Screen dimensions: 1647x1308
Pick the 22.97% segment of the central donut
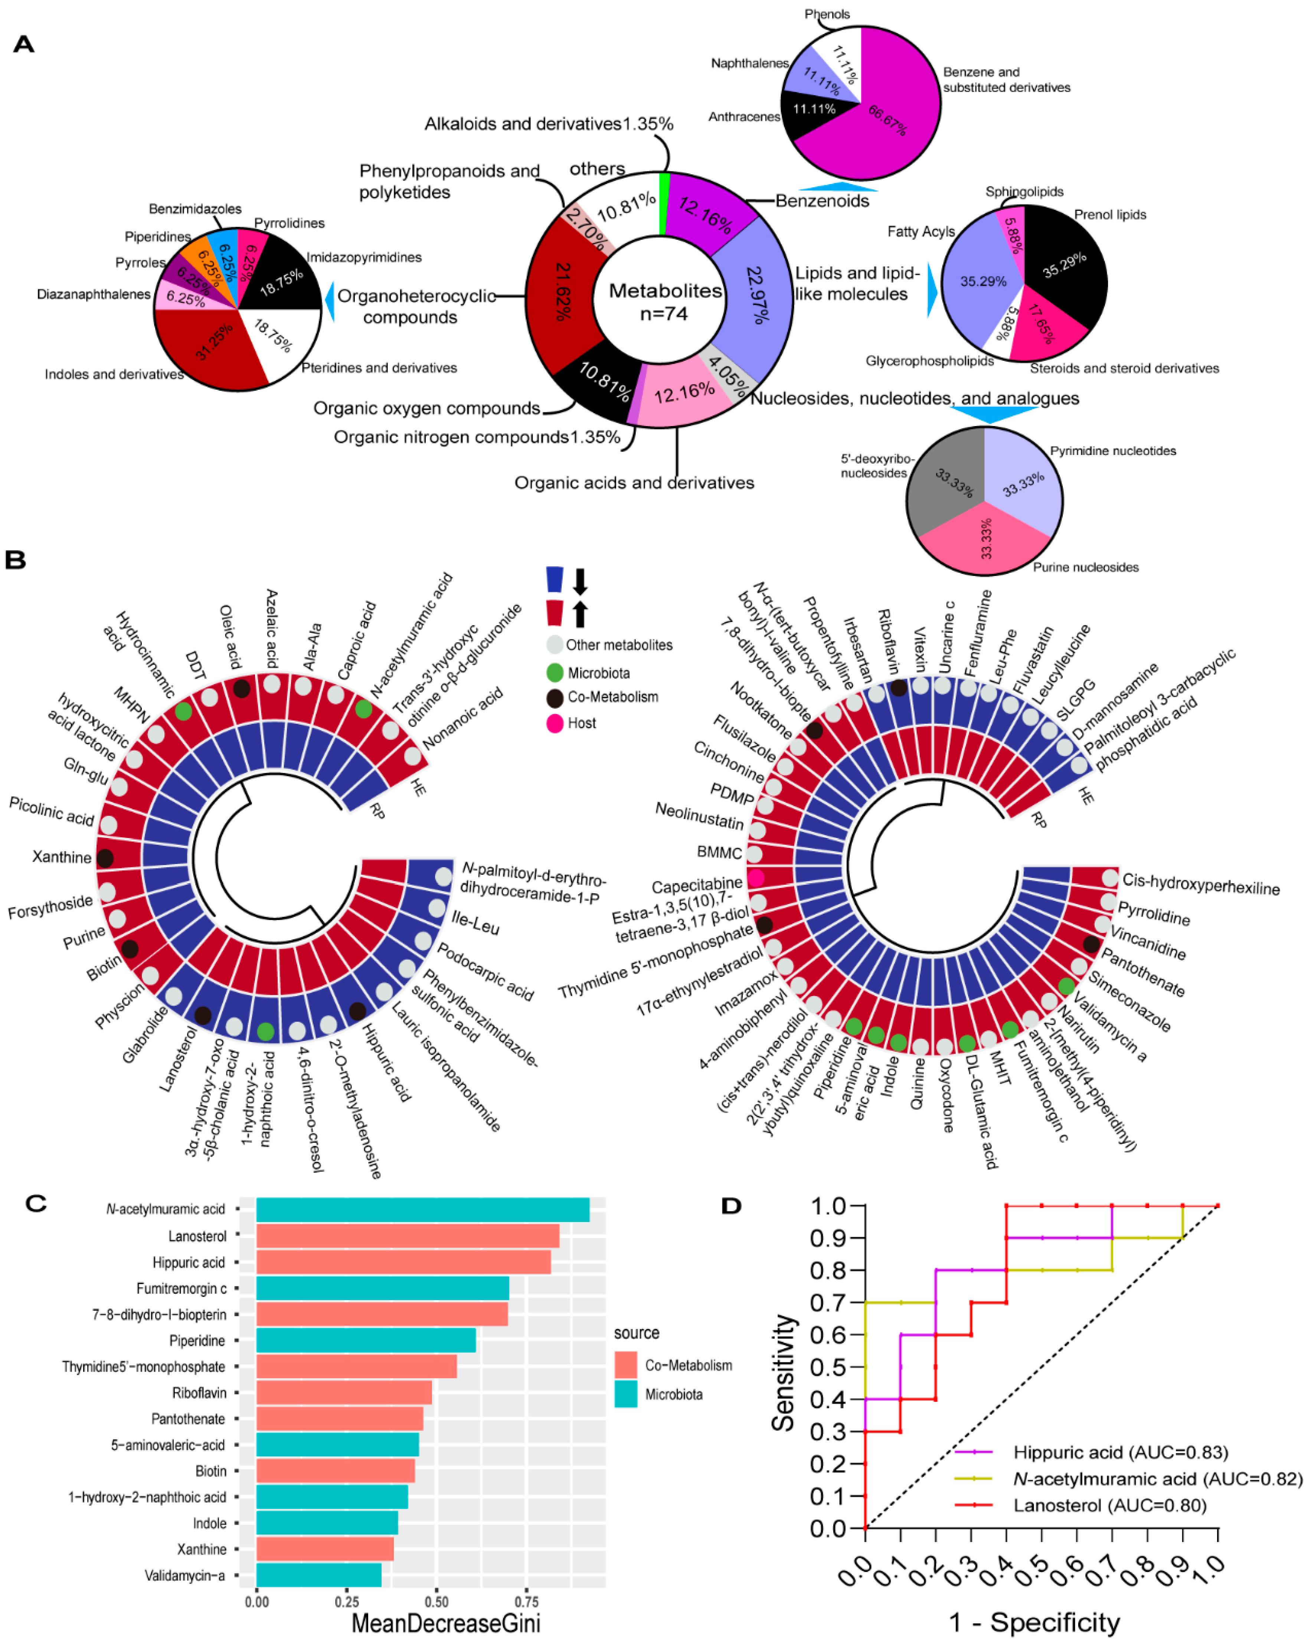coord(756,294)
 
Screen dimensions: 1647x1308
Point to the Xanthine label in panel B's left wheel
coord(61,857)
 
